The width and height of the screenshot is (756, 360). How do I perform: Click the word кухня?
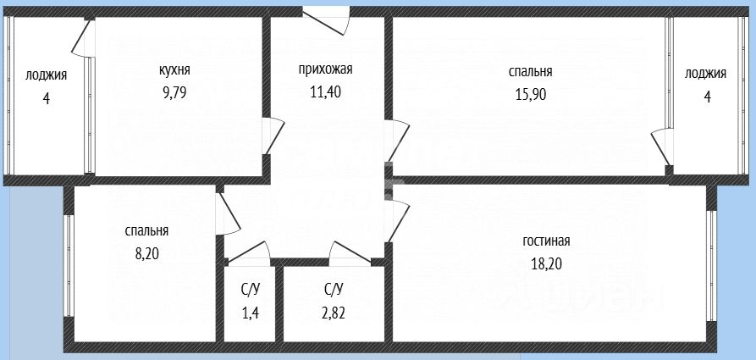pyautogui.click(x=174, y=70)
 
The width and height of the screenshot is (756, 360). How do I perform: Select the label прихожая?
pyautogui.click(x=325, y=70)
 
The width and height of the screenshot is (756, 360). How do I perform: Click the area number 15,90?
pyautogui.click(x=531, y=95)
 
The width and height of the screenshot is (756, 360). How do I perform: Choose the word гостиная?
pyautogui.click(x=545, y=241)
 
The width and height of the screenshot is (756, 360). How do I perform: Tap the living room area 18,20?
pyautogui.click(x=545, y=264)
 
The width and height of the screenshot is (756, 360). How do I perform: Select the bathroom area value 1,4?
pyautogui.click(x=251, y=313)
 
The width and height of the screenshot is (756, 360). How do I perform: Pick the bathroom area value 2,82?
pyautogui.click(x=334, y=313)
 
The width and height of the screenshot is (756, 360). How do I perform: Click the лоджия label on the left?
pyautogui.click(x=46, y=75)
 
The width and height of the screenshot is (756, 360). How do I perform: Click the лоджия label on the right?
pyautogui.click(x=705, y=74)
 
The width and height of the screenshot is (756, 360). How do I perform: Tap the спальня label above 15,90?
pyautogui.click(x=531, y=71)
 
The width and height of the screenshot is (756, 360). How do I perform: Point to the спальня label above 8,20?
pyautogui.click(x=146, y=230)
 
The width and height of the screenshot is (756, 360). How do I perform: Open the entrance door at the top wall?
pyautogui.click(x=326, y=20)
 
